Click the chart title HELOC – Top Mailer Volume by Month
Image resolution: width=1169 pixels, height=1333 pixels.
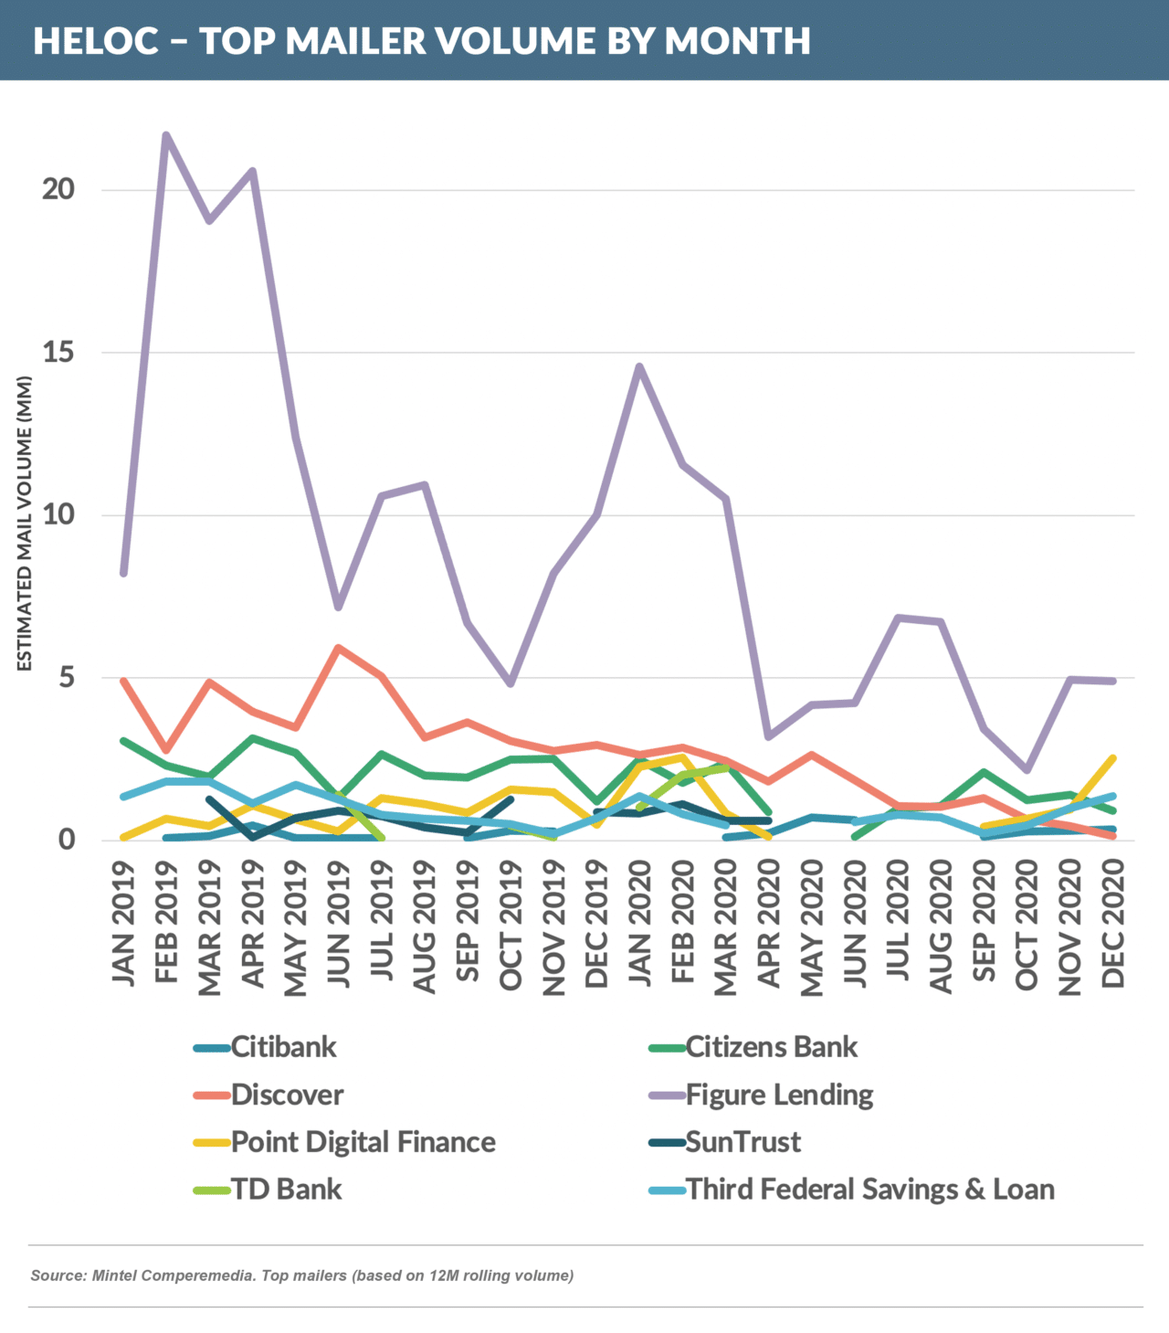tap(422, 41)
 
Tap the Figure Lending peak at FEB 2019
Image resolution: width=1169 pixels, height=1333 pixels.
tap(165, 136)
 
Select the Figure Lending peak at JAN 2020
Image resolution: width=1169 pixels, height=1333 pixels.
tap(639, 366)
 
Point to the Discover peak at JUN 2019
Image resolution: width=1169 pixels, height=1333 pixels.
tap(338, 648)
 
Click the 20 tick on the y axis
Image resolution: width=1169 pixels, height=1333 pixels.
tap(58, 189)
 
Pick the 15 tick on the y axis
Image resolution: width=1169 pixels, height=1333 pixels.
tap(58, 352)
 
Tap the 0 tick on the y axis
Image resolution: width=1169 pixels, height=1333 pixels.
tap(66, 839)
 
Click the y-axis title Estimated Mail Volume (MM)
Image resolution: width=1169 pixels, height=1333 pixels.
tap(25, 524)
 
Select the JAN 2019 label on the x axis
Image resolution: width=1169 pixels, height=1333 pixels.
tap(123, 924)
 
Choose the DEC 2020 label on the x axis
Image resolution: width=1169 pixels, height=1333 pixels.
tap(1113, 925)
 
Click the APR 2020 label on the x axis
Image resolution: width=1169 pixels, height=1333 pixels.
tap(769, 925)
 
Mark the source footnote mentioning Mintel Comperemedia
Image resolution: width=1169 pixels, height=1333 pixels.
tap(302, 1275)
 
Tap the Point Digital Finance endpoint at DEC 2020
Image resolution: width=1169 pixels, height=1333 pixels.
tap(1112, 758)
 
